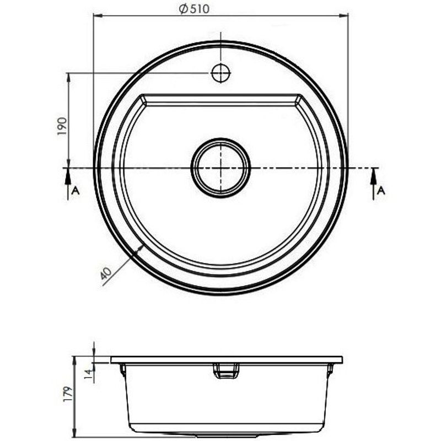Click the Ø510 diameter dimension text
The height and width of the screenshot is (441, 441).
point(194,9)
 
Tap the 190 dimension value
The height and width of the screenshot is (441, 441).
point(62,126)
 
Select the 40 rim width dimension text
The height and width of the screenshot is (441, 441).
point(106,272)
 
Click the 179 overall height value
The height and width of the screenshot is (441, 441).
point(68,394)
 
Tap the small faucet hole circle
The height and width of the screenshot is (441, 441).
point(221,73)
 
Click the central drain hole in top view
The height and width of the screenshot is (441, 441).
point(221,168)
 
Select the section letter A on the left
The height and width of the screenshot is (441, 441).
point(76,191)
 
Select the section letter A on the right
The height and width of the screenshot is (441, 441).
point(381,191)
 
